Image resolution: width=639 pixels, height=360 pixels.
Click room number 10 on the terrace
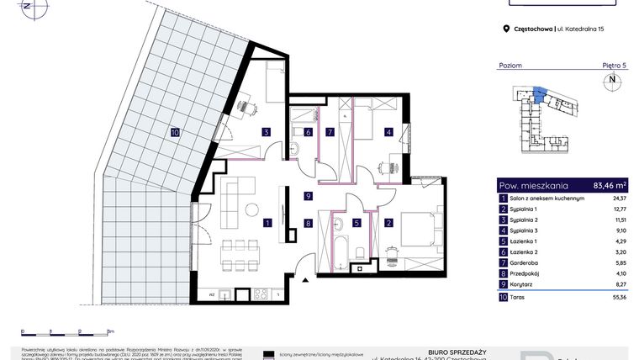(x=175, y=132)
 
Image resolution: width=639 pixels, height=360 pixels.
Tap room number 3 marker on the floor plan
(x=266, y=131)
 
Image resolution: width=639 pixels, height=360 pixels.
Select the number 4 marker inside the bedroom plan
(x=388, y=131)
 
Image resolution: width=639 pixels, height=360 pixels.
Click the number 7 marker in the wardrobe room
(x=330, y=131)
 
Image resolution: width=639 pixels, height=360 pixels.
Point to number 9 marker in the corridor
(x=309, y=197)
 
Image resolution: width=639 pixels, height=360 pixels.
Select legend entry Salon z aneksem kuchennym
(x=547, y=199)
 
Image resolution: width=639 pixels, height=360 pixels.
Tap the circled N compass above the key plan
(x=611, y=82)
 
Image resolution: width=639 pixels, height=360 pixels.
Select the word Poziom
(x=510, y=65)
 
